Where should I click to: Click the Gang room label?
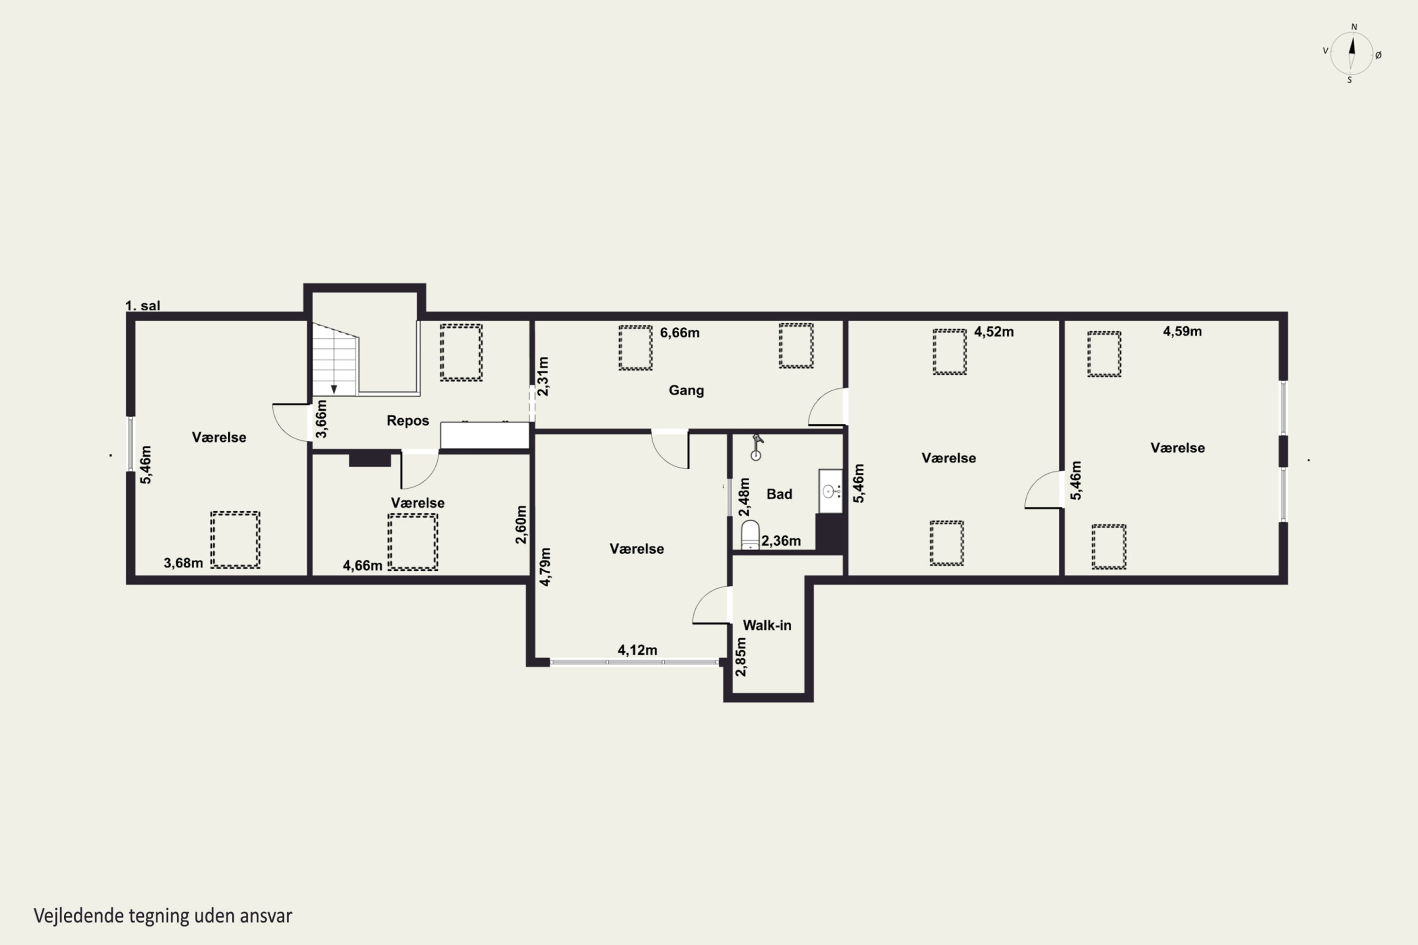[686, 391]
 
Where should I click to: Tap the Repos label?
[407, 421]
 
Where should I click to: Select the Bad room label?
[779, 494]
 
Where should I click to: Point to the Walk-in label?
[767, 626]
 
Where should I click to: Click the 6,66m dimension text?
[680, 333]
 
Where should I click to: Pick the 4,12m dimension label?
[637, 650]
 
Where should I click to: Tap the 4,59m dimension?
[1182, 332]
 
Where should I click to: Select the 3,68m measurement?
[183, 563]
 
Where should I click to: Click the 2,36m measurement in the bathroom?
[781, 541]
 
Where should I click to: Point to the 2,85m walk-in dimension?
[741, 657]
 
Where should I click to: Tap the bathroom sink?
[830, 491]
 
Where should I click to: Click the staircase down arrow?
[334, 389]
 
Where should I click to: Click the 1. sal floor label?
[143, 306]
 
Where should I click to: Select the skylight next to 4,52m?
[950, 352]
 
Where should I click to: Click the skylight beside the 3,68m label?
[235, 540]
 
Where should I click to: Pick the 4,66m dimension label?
[363, 565]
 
